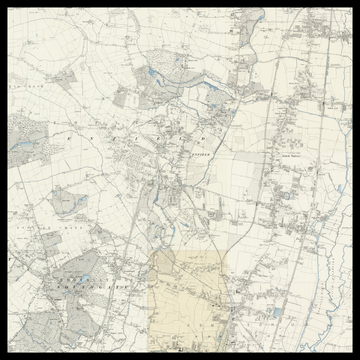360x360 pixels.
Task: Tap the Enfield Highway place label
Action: (291, 156)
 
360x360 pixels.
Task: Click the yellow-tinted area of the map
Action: (185, 300)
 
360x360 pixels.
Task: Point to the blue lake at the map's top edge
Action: (152, 73)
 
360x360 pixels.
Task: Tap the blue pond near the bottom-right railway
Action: (274, 312)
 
